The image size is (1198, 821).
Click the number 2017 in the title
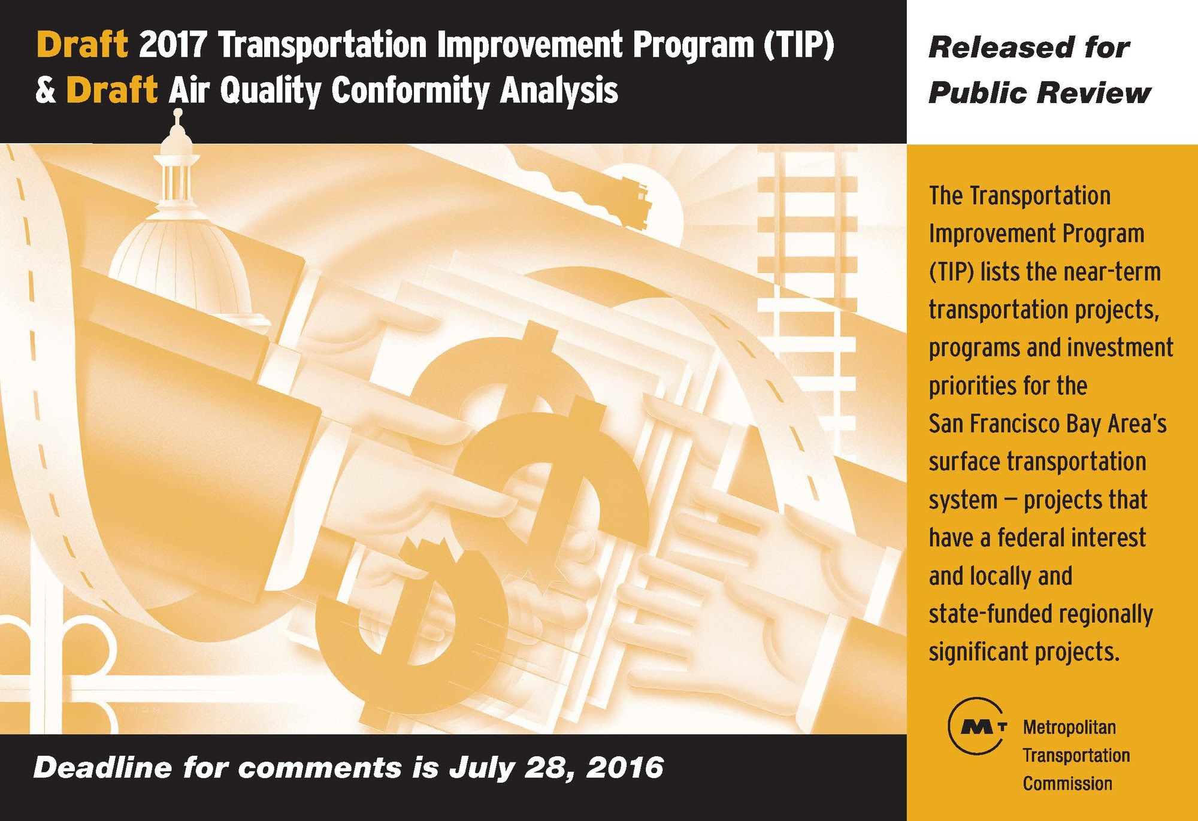tap(173, 45)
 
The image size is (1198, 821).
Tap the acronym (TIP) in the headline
tap(798, 46)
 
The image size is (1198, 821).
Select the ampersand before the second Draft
tap(46, 91)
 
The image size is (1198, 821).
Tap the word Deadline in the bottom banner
tap(102, 768)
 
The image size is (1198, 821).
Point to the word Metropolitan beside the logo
tap(1069, 728)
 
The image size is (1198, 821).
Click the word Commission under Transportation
tap(1067, 783)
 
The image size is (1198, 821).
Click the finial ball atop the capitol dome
tap(177, 112)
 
